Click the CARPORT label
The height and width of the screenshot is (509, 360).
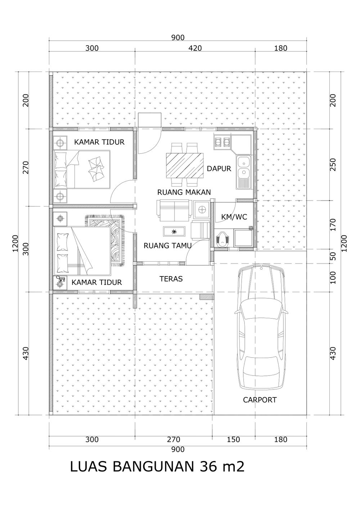[x=260, y=400]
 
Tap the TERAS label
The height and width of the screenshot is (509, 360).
[x=171, y=279]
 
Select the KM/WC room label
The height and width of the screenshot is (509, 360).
[x=234, y=217]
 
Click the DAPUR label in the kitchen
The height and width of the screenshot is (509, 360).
[x=219, y=168]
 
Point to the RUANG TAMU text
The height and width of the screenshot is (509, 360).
[x=168, y=246]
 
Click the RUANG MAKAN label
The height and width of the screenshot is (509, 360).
[x=184, y=192]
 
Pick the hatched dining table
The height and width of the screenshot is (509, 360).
[x=185, y=165]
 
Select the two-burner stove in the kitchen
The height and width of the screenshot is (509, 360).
[x=222, y=142]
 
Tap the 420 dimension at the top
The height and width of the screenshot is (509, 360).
[x=195, y=48]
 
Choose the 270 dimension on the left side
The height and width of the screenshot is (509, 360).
[x=26, y=167]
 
